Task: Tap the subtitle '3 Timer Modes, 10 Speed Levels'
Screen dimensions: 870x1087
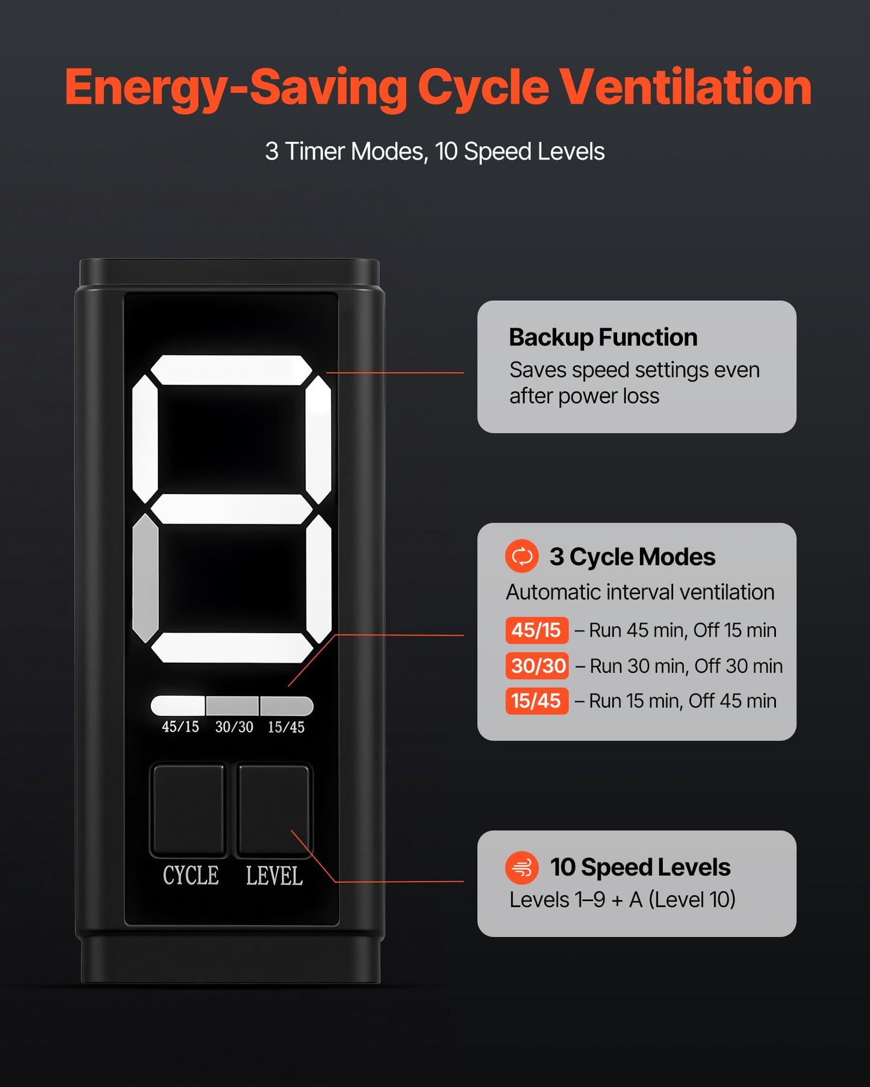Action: click(435, 152)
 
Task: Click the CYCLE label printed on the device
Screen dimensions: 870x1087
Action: click(190, 876)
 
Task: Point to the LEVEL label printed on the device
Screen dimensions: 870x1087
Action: click(274, 876)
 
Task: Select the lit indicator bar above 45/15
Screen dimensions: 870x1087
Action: click(178, 705)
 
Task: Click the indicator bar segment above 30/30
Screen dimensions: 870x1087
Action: click(232, 705)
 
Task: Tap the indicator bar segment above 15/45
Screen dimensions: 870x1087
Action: click(287, 705)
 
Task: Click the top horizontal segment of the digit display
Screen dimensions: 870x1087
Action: click(231, 370)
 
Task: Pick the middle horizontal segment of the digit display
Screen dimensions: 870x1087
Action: click(231, 509)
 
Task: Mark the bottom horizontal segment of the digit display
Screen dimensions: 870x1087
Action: click(231, 648)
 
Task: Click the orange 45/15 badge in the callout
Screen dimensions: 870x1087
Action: click(536, 630)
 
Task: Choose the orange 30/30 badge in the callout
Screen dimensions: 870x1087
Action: click(536, 666)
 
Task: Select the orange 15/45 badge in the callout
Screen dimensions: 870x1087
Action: click(536, 701)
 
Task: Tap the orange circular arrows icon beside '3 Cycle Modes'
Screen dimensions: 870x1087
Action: click(522, 556)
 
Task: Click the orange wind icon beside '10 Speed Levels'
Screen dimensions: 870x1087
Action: click(522, 867)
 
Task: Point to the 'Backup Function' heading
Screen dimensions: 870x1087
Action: click(603, 338)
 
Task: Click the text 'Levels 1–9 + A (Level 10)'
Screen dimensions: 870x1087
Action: click(623, 900)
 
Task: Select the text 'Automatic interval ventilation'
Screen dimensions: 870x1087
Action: click(640, 592)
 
